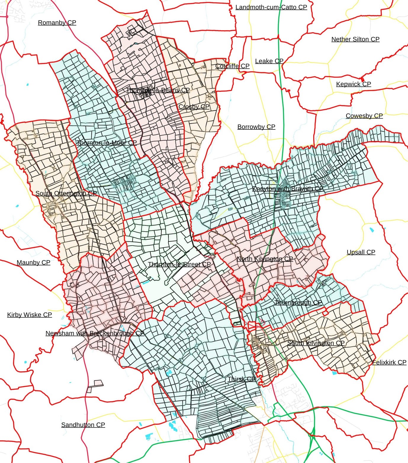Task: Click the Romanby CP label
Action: (57, 23)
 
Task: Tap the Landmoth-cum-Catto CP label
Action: (271, 7)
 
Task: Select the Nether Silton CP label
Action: (355, 39)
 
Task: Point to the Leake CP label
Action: (269, 61)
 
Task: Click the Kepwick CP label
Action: (354, 84)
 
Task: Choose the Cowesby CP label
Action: (364, 116)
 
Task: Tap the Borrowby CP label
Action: (256, 127)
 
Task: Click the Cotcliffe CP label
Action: (232, 66)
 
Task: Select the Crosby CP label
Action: (194, 107)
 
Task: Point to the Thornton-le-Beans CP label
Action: (158, 90)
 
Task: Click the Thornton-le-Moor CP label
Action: (107, 142)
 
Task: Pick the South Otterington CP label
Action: (66, 193)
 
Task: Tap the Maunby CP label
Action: (33, 262)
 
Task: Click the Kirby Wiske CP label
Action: (30, 315)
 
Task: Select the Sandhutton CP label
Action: (83, 424)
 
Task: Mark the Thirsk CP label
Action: (241, 379)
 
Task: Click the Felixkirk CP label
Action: (389, 362)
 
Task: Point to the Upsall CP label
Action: (361, 252)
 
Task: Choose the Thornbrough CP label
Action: (298, 302)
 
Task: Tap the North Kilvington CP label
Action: (265, 259)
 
